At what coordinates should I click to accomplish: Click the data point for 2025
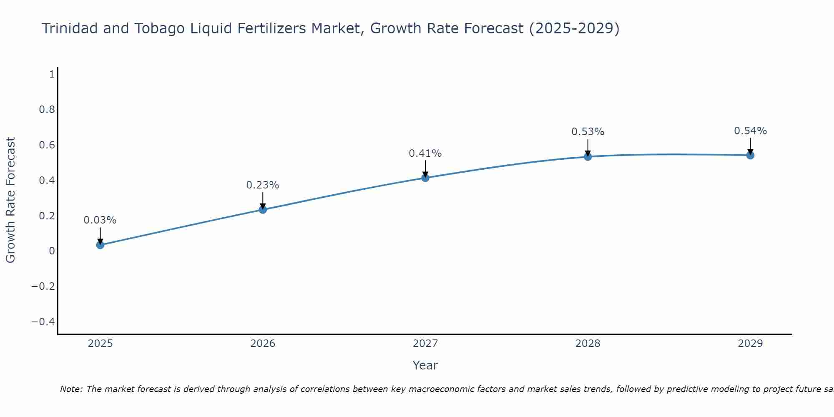click(100, 245)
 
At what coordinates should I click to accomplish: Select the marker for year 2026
click(263, 209)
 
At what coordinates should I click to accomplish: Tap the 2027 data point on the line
click(425, 178)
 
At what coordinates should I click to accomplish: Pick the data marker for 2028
click(588, 157)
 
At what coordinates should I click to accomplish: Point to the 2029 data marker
click(750, 155)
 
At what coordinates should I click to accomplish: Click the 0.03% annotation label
click(100, 220)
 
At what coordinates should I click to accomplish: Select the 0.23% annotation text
click(263, 185)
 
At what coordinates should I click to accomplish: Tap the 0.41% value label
click(425, 153)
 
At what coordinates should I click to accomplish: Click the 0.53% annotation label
click(588, 132)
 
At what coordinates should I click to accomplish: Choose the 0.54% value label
click(750, 131)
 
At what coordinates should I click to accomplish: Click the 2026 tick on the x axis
click(263, 344)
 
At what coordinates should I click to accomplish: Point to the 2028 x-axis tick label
click(588, 344)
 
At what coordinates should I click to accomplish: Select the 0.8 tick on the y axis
click(47, 110)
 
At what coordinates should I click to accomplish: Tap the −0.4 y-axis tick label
click(43, 322)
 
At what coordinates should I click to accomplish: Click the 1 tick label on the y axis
click(52, 74)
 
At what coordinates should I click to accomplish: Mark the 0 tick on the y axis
click(52, 251)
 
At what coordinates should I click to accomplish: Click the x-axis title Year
click(425, 366)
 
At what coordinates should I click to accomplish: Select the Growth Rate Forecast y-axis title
click(10, 200)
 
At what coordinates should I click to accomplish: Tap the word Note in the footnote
click(71, 389)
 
